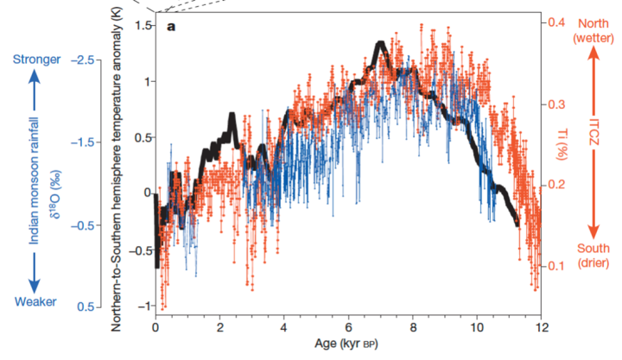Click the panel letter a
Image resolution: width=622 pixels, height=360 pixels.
[170, 27]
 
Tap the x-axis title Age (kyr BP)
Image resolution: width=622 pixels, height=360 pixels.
[348, 344]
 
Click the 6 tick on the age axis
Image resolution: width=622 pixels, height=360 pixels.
[348, 328]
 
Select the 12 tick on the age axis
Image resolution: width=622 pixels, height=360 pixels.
[541, 328]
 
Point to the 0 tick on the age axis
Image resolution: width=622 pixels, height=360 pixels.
[155, 328]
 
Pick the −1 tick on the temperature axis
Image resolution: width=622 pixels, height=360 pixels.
[141, 306]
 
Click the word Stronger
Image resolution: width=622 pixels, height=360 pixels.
[35, 60]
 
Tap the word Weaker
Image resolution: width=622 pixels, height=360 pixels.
[35, 301]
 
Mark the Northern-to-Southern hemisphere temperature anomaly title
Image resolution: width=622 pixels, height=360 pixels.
[118, 173]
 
